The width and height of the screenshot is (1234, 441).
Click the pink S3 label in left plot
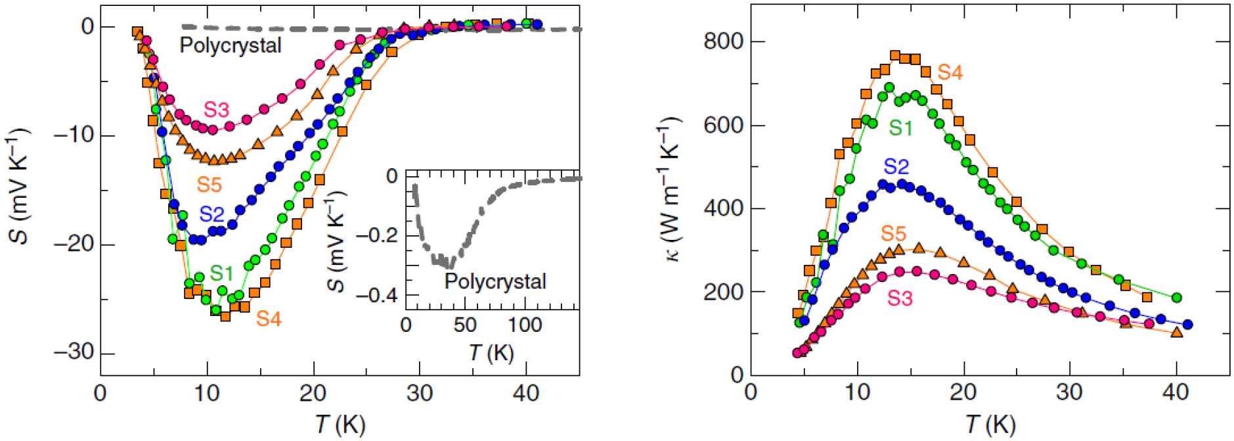pos(216,110)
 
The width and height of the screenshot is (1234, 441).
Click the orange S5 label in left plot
pos(209,185)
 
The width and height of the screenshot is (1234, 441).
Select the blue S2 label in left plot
pos(211,214)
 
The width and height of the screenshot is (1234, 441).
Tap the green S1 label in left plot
pos(221,273)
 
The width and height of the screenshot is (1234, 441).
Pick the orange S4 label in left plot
pos(268,319)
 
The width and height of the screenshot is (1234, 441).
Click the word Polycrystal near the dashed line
pos(231,45)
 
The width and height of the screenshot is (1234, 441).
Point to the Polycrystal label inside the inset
pos(495,281)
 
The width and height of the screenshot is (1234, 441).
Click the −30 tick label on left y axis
pos(74,352)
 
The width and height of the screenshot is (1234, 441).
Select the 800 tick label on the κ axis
pos(724,41)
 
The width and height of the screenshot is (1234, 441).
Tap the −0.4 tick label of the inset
pos(377,294)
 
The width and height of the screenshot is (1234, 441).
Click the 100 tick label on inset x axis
pos(525,325)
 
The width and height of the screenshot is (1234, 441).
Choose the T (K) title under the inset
pos(491,353)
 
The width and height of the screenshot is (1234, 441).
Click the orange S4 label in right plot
pos(950,72)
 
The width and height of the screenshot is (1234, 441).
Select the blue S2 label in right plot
pos(896,166)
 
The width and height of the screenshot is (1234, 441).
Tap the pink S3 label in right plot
pos(900,298)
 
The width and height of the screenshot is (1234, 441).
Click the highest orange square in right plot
pos(895,56)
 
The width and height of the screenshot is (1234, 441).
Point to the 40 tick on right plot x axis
pos(1176,392)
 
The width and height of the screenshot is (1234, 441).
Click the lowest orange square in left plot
pos(225,316)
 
